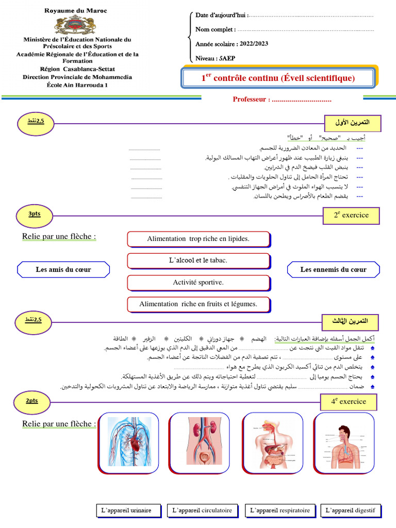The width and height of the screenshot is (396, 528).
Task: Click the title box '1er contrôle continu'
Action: click(x=278, y=78)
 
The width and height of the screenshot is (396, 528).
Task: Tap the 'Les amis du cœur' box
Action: click(x=63, y=269)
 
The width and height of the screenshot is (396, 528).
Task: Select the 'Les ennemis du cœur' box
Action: click(x=333, y=269)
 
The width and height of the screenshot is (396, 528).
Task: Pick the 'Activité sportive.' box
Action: click(x=198, y=283)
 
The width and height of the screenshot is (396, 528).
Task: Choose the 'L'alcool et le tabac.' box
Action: click(x=198, y=260)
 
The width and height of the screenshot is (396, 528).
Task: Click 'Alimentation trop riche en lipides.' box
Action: click(x=198, y=239)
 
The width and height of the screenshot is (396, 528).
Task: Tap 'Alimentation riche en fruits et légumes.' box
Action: click(x=198, y=304)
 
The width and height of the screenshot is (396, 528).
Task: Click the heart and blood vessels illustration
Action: click(x=129, y=442)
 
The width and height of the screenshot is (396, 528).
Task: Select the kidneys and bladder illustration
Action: click(x=201, y=442)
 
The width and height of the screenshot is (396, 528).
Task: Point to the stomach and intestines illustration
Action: click(x=272, y=442)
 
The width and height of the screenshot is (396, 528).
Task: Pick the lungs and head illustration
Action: click(x=343, y=442)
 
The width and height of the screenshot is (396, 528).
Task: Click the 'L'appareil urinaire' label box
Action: click(x=127, y=510)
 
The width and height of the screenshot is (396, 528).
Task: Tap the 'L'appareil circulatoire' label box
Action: click(x=203, y=510)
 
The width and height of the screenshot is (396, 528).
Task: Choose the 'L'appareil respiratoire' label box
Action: click(x=280, y=510)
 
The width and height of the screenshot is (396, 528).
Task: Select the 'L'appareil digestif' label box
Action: click(x=350, y=510)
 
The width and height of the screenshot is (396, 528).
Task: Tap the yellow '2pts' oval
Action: click(x=31, y=401)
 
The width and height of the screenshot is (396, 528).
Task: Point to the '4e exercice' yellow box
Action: click(x=349, y=402)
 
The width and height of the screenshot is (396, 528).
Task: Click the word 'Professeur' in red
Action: click(x=250, y=100)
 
